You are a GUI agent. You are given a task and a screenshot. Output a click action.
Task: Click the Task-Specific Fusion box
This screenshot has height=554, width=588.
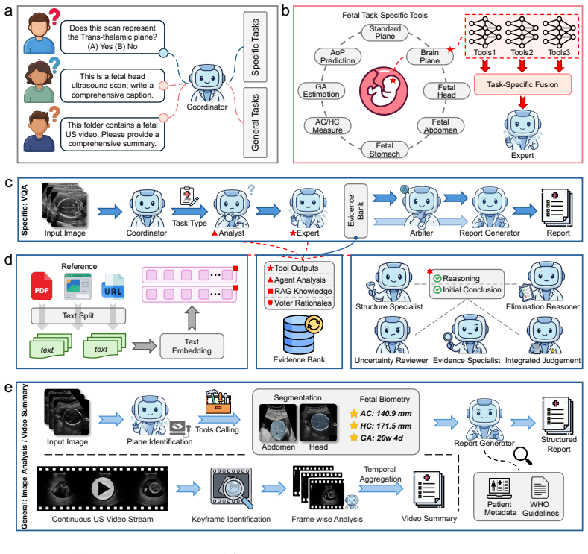pyautogui.click(x=522, y=84)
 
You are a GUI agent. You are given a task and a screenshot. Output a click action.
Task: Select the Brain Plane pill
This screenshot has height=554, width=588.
pyautogui.click(x=429, y=56)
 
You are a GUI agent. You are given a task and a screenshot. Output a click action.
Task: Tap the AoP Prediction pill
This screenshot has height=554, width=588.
pyautogui.click(x=338, y=56)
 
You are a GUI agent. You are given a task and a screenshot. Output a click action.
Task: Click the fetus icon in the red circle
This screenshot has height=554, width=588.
pyautogui.click(x=383, y=91)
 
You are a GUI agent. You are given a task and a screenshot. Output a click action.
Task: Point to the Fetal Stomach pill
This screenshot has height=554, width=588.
pyautogui.click(x=385, y=149)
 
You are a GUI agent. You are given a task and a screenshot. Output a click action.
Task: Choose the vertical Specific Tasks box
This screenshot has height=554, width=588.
pyautogui.click(x=255, y=47)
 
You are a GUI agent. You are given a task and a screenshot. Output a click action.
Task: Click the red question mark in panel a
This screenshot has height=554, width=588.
pyautogui.click(x=54, y=16)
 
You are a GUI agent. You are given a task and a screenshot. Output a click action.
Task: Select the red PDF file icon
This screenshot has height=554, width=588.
pyautogui.click(x=42, y=286)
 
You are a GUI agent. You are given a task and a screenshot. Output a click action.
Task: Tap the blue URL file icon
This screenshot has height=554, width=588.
pyautogui.click(x=113, y=287)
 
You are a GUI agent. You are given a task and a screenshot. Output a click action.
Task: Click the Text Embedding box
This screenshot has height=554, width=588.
pyautogui.click(x=192, y=346)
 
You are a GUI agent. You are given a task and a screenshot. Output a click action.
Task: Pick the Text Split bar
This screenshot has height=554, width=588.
pyautogui.click(x=78, y=316)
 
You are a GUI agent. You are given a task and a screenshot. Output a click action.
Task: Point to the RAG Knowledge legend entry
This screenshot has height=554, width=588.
pyautogui.click(x=300, y=291)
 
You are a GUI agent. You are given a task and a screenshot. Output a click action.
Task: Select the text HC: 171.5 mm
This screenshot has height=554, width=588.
pyautogui.click(x=386, y=426)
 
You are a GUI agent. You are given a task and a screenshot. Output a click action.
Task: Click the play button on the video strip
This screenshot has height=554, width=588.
pyautogui.click(x=103, y=488)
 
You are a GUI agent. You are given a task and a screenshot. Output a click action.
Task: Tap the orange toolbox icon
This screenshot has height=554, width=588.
pyautogui.click(x=218, y=402)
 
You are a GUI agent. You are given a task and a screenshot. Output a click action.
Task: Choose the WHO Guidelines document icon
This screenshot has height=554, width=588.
pyautogui.click(x=540, y=487)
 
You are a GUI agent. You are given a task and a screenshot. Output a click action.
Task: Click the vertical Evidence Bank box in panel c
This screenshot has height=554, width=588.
pyautogui.click(x=355, y=211)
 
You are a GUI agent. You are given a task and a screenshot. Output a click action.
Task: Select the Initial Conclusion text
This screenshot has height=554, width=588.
pyautogui.click(x=472, y=289)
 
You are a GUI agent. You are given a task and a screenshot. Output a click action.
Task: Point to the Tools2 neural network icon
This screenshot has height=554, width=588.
pyautogui.click(x=522, y=33)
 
